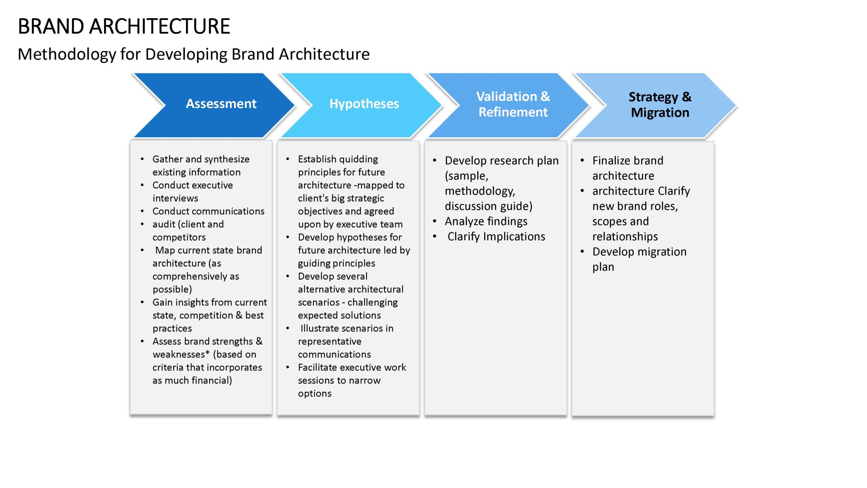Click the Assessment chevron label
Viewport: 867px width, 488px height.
[221, 104]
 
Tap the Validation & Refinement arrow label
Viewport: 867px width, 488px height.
[513, 104]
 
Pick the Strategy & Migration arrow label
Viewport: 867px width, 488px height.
[660, 105]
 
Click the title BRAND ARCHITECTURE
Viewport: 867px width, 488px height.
[124, 26]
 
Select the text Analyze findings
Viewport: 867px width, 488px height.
[486, 222]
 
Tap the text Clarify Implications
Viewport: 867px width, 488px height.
[496, 237]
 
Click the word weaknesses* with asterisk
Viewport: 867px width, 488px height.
[181, 354]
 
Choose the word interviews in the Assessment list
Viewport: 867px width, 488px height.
[175, 198]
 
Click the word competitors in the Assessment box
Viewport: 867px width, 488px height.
[179, 237]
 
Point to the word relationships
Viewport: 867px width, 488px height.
[625, 237]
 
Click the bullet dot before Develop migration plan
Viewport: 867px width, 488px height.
[582, 252]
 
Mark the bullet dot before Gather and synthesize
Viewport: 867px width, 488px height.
[142, 159]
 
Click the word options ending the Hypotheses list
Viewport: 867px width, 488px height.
[315, 394]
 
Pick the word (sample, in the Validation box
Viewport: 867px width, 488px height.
[466, 176]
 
